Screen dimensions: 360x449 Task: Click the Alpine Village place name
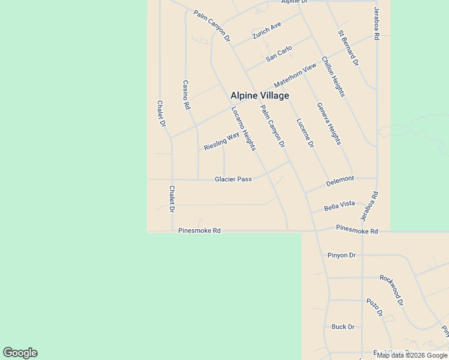tap(260, 95)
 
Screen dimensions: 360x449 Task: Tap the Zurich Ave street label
tap(267, 31)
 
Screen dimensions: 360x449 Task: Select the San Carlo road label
tap(279, 53)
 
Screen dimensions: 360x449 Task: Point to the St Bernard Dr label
tap(348, 48)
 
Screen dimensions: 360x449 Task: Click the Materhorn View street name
tap(295, 75)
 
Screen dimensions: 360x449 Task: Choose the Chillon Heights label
tap(333, 77)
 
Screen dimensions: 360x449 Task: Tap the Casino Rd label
tap(186, 95)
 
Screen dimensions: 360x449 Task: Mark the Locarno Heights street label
tap(244, 128)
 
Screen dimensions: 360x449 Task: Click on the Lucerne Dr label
tap(305, 133)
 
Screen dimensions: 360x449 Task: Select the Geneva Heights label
tap(329, 124)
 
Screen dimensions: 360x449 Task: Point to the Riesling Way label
tap(221, 141)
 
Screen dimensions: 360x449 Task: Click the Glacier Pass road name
tap(234, 179)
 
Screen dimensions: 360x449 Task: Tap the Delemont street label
tap(340, 179)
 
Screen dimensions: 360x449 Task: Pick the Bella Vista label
tap(339, 205)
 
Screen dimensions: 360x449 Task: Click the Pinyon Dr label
tap(342, 255)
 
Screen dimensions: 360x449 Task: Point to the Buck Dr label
tap(343, 327)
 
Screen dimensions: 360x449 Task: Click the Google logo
tap(20, 353)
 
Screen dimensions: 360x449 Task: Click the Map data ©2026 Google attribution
tap(412, 355)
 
